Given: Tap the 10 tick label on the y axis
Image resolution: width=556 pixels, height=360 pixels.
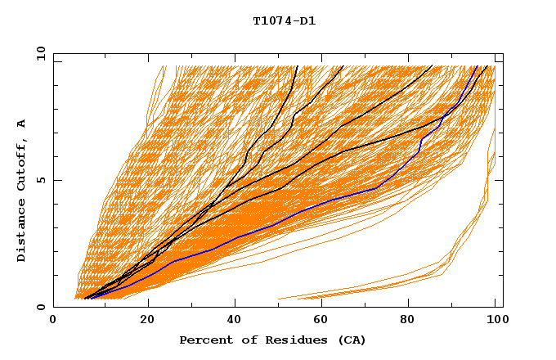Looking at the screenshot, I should pyautogui.click(x=40, y=53).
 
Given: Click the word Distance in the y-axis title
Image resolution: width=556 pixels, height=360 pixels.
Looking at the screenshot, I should pyautogui.click(x=22, y=232).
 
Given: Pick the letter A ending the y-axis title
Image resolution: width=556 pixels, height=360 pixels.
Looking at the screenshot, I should pyautogui.click(x=22, y=124).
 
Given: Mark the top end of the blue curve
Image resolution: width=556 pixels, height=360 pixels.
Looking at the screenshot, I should pyautogui.click(x=478, y=66).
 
